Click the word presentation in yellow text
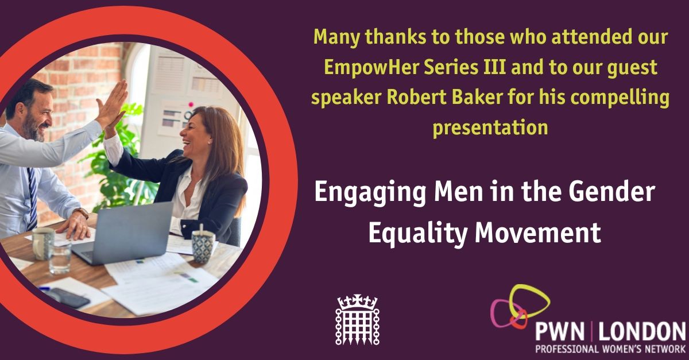point(490,127)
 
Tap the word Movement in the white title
point(537,233)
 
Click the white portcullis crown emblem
point(357,319)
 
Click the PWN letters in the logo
point(560,332)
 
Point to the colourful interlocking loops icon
point(520,308)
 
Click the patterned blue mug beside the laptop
point(203,246)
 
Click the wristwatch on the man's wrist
point(82,212)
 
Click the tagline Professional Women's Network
point(610,349)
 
